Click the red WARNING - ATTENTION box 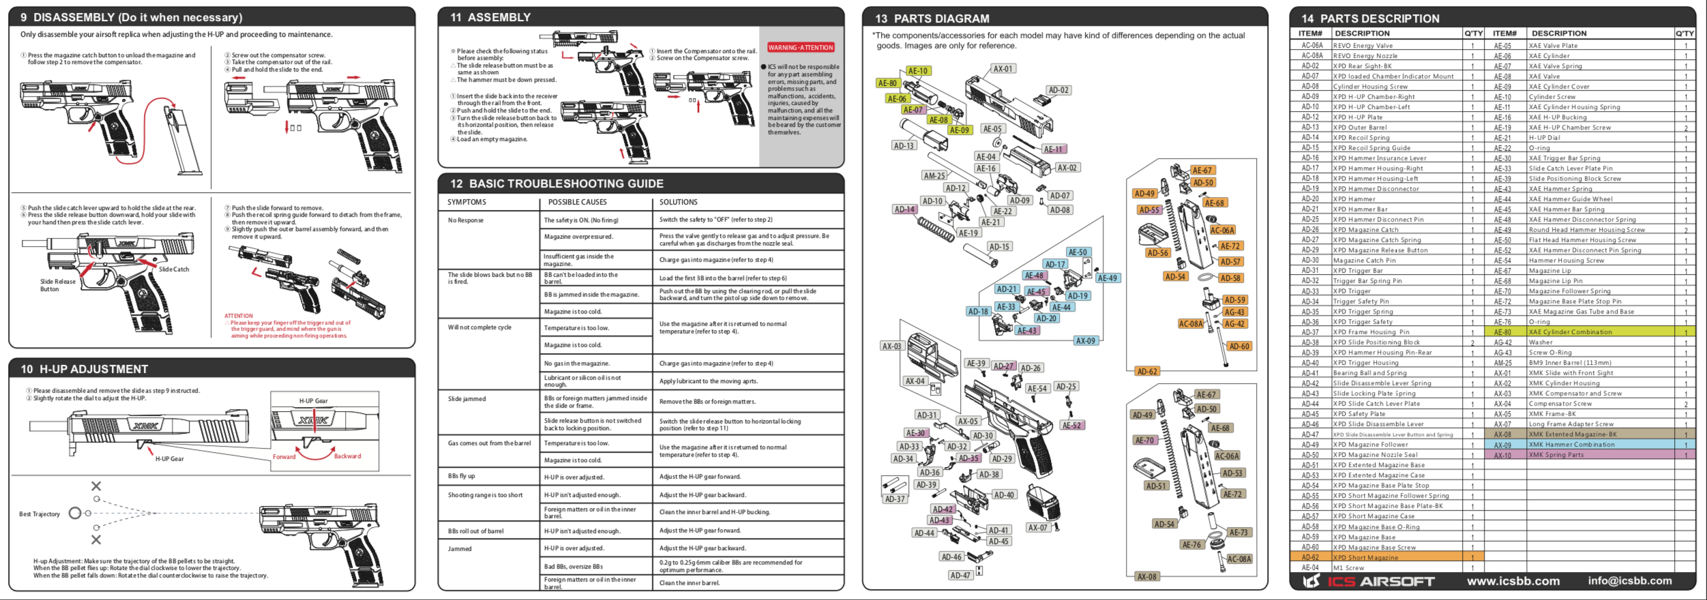[x=801, y=48]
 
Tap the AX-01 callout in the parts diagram [x=1003, y=69]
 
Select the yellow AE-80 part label [x=887, y=83]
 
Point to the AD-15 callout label [x=999, y=247]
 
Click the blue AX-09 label [x=1085, y=341]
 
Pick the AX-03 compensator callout [x=892, y=346]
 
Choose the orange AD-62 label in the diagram [x=1147, y=372]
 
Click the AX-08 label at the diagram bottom [x=1147, y=577]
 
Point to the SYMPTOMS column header [x=466, y=202]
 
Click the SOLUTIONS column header [x=678, y=202]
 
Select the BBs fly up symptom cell [x=462, y=476]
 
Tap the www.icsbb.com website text [x=1513, y=581]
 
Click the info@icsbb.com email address [x=1630, y=581]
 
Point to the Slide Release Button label [x=58, y=285]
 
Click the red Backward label [x=347, y=456]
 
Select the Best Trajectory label [x=40, y=514]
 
